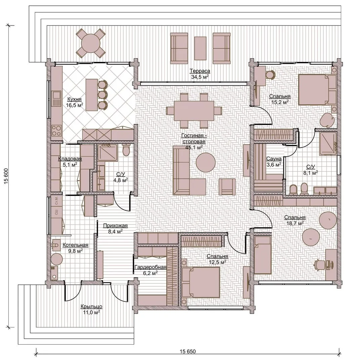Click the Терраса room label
click(200, 71)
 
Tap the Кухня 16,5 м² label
click(74, 102)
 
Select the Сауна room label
click(274, 159)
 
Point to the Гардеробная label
click(150, 267)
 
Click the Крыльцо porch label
click(91, 307)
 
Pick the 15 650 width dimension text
click(188, 352)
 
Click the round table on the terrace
click(91, 43)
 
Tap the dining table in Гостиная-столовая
click(194, 111)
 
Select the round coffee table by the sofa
click(206, 162)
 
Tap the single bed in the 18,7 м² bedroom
click(263, 255)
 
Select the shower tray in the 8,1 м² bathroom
click(328, 144)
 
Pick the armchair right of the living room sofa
click(227, 187)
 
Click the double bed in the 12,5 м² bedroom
click(200, 282)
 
